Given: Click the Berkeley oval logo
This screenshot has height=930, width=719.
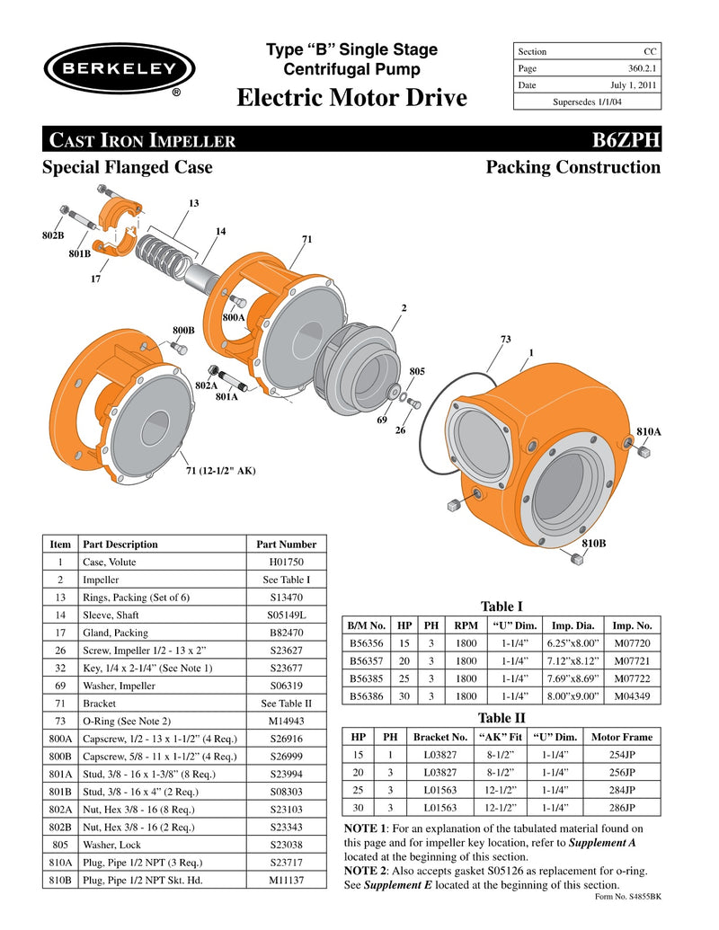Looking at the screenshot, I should coord(120,66).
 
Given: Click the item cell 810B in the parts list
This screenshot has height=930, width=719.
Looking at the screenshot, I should coord(60,880).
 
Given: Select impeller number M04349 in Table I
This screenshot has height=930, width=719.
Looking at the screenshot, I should coord(632,696).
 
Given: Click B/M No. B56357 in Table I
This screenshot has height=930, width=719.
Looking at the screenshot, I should coord(366,660).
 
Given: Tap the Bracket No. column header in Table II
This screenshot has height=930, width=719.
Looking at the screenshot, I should coord(440,737).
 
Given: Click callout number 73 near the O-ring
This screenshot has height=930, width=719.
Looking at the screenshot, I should coord(505,339).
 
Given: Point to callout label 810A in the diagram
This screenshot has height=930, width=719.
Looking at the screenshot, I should coord(649,432).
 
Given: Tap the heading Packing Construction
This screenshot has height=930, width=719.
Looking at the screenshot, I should coord(573,167).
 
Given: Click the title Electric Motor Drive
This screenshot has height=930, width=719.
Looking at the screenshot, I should coord(351,97).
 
